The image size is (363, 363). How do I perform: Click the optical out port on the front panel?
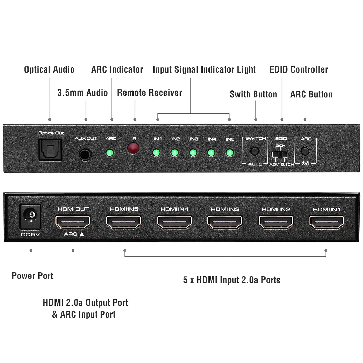click(50, 150)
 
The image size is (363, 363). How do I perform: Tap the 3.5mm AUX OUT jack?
click(85, 155)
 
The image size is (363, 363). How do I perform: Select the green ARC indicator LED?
click(110, 152)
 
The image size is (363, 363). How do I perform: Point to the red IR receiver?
click(133, 148)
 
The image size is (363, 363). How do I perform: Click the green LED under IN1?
click(156, 152)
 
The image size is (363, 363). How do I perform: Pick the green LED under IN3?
click(193, 152)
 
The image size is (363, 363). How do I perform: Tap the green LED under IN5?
click(230, 152)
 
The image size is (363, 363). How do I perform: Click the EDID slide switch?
click(280, 154)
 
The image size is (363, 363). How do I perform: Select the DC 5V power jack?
click(30, 217)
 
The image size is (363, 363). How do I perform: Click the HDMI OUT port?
click(73, 222)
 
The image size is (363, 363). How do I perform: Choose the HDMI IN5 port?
click(123, 222)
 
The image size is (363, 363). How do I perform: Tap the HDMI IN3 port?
click(225, 222)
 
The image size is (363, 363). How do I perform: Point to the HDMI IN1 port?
click(327, 222)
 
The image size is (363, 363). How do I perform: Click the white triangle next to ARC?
click(82, 234)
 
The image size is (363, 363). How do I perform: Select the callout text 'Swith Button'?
click(253, 94)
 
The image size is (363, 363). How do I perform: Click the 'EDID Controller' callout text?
click(299, 69)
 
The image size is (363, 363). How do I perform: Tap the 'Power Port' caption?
click(32, 276)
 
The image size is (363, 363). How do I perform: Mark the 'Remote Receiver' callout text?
click(150, 93)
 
